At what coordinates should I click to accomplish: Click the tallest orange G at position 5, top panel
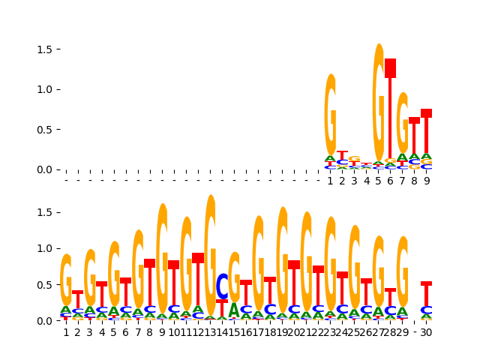(379, 101)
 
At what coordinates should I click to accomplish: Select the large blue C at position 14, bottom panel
(222, 286)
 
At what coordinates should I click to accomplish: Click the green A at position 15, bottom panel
(234, 310)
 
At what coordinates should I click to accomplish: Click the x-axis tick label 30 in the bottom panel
(426, 332)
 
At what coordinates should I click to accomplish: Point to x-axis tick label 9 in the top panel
(426, 181)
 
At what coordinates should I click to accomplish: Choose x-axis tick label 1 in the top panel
(330, 181)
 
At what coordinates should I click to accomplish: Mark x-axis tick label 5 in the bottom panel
(114, 332)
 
